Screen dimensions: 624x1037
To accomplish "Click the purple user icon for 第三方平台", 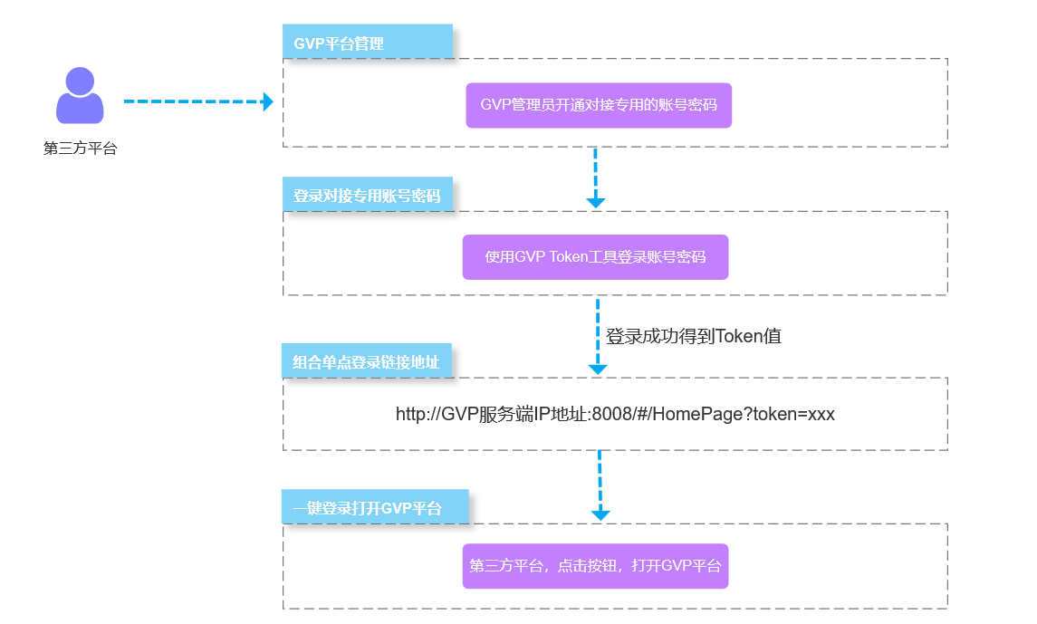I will coord(80,96).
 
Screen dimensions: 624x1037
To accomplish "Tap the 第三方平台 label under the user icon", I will coord(81,149).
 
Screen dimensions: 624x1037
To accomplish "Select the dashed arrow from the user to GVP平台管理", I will coord(195,101).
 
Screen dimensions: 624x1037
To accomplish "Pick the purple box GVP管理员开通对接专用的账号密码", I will coord(599,105).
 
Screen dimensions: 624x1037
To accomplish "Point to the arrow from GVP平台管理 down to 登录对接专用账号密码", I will coord(595,177).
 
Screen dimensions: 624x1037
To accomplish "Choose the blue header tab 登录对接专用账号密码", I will coord(367,196).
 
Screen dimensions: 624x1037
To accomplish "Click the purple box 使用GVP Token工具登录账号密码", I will coord(595,257).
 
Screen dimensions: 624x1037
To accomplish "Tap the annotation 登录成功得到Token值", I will coord(694,336).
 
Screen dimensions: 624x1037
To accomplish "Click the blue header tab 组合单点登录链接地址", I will coord(366,362).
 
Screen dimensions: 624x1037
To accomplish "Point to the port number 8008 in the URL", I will coord(609,415).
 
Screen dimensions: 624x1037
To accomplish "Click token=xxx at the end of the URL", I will coord(796,415).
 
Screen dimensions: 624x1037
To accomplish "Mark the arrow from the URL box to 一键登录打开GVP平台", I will coord(600,485).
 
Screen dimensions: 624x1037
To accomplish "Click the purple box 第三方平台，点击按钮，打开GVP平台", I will coord(595,566).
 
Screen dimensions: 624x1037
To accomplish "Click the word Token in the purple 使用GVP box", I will coord(568,257).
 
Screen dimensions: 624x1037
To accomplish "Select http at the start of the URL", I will coord(410,415).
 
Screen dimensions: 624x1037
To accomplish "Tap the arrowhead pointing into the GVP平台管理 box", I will coord(267,101).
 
